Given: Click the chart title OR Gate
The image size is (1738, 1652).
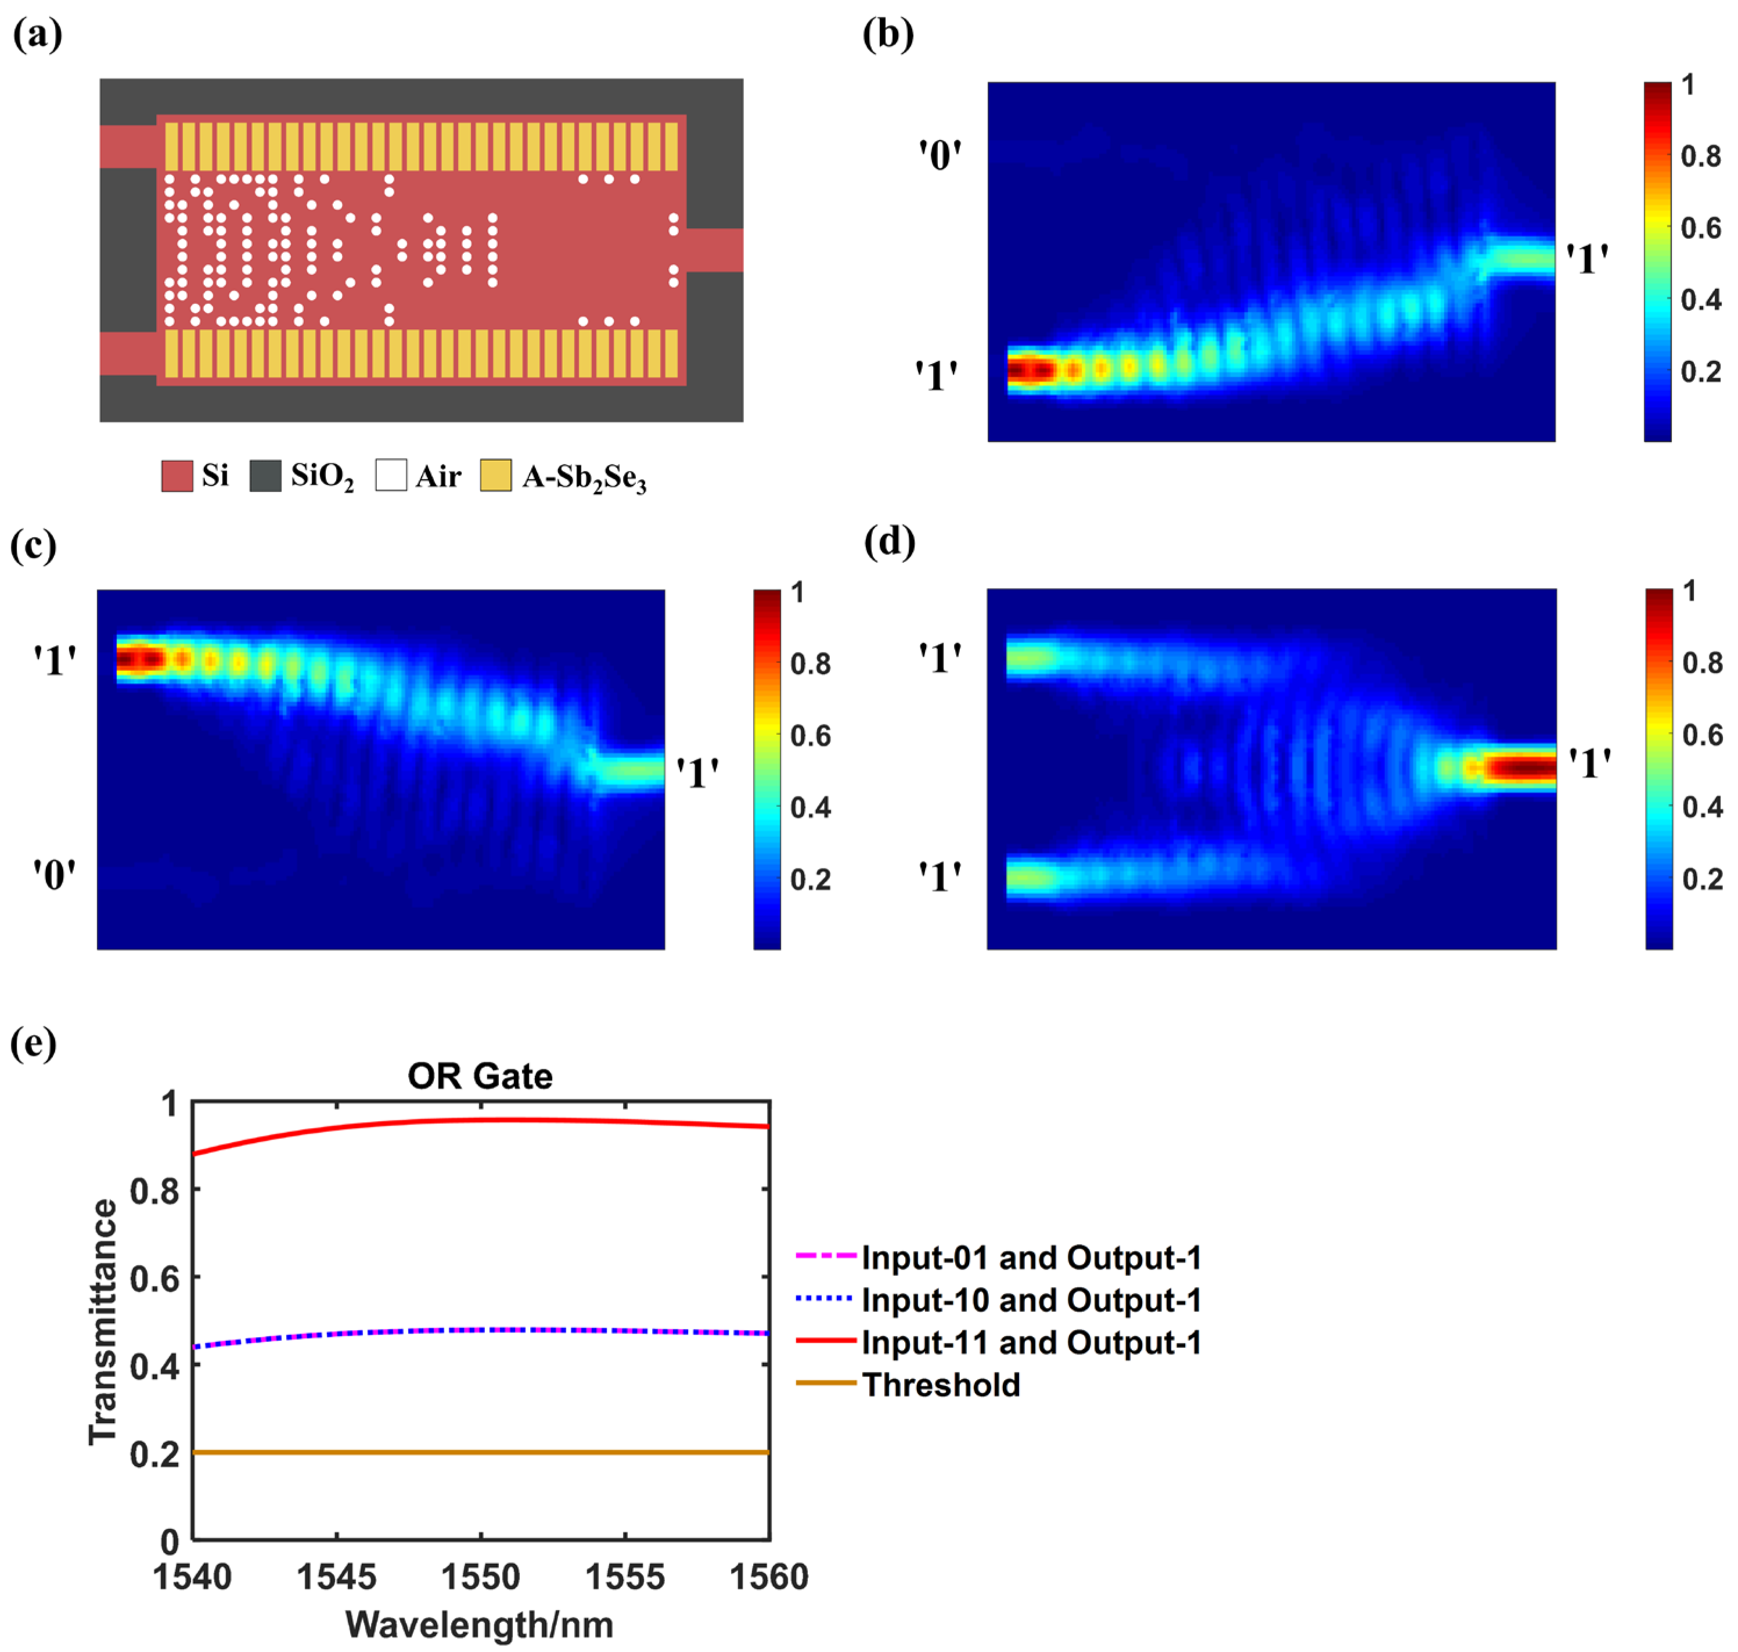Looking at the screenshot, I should pos(480,1076).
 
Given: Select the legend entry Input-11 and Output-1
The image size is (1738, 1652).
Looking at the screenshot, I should pos(1030,1342).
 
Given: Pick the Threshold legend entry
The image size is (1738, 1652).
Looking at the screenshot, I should pos(940,1384).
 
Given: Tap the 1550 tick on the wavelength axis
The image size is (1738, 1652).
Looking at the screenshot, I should pos(481,1576).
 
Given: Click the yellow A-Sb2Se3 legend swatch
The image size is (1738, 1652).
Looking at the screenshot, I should pos(496,476).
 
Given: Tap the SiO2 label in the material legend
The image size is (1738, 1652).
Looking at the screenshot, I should pos(322,476).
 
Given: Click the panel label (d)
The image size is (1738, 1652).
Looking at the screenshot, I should pos(889,541).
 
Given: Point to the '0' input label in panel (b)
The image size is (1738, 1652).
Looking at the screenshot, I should pos(940,156).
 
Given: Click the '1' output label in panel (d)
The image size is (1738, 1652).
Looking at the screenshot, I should pos(1590,763).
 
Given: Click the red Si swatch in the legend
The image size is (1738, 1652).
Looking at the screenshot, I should pos(177,476).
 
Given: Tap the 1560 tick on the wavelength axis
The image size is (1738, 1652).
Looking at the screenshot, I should pos(769,1576).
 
